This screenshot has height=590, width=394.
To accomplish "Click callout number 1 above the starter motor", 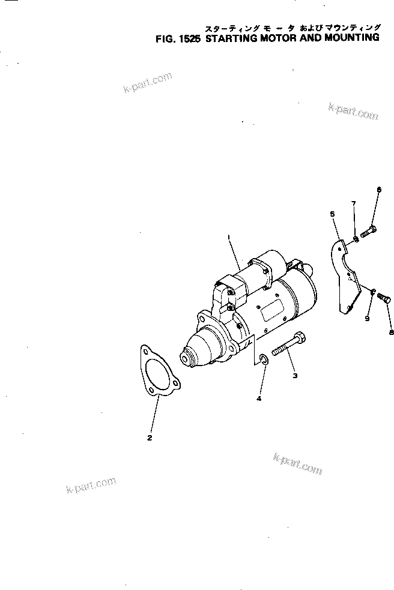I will coord(229,237).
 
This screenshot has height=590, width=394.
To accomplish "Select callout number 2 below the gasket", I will coord(150,438).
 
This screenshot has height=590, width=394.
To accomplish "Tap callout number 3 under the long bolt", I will coord(295,376).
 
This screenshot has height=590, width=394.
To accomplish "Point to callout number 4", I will coord(259,399).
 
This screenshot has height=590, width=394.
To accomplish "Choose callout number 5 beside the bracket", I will coord(331,213).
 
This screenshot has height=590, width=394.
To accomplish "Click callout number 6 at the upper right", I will coord(379,190).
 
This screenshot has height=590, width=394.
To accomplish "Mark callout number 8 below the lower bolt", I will coord(391,332).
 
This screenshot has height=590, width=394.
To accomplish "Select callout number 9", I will coord(367,319).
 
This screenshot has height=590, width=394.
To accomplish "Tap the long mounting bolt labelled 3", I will coord(288,348).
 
